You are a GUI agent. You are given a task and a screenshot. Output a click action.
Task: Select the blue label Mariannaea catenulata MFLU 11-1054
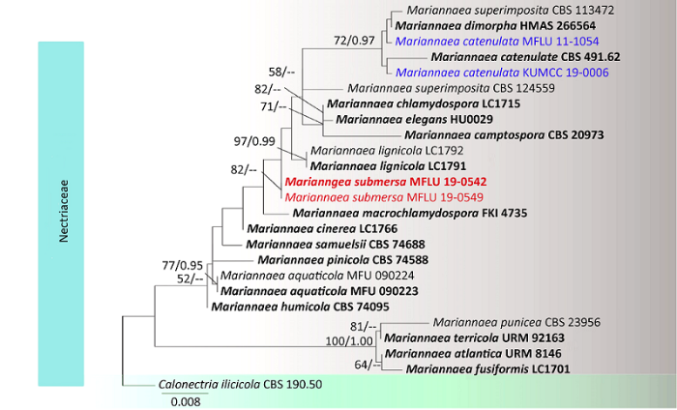tap(497, 42)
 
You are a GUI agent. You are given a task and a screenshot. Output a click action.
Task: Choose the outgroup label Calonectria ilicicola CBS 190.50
tap(240, 384)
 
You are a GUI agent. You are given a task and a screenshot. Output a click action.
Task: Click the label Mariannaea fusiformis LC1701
tap(486, 368)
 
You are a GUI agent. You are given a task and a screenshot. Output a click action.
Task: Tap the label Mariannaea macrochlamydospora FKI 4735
tap(409, 213)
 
